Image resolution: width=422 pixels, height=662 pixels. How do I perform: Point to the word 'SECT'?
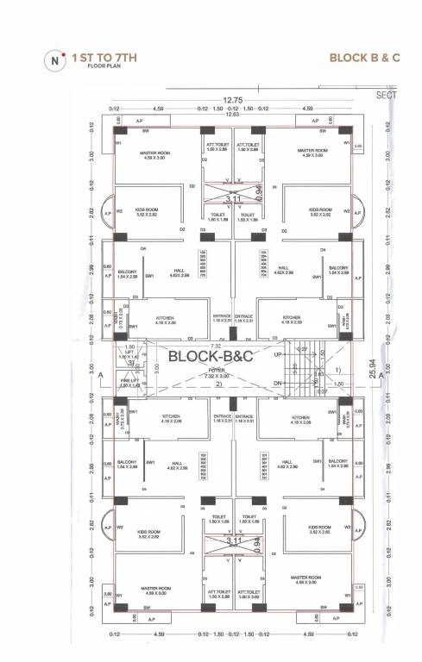[x=387, y=95]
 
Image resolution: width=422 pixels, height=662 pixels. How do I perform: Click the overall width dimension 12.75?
[x=232, y=99]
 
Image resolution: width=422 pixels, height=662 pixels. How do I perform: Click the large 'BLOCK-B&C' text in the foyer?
[x=211, y=355]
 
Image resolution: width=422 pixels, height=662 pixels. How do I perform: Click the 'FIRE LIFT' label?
[x=128, y=382]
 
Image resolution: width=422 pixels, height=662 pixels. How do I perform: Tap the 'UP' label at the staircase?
[x=276, y=354]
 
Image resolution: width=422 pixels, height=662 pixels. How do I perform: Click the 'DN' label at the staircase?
[x=276, y=383]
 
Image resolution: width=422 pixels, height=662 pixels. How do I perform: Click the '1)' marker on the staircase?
[x=337, y=368]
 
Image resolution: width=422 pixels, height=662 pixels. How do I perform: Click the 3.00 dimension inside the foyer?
[x=155, y=366]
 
